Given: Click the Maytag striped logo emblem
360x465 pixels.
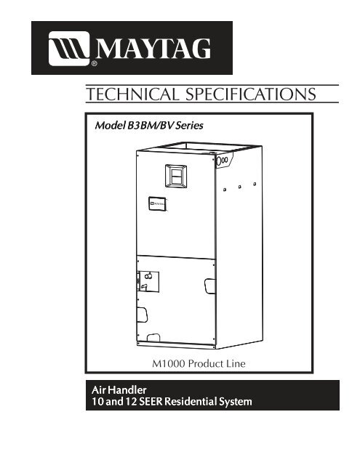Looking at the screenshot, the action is [69, 48].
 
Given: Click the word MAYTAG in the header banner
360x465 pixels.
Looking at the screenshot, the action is [153, 49].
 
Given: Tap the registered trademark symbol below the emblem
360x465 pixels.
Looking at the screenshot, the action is [94, 63].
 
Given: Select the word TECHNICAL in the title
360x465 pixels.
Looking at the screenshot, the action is [133, 94].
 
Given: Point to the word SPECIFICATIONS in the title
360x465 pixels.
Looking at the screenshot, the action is [251, 94].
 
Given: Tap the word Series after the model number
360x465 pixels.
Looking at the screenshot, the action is [189, 126].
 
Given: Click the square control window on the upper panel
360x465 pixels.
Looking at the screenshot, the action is [176, 176].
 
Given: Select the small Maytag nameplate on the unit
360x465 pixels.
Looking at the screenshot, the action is [157, 204].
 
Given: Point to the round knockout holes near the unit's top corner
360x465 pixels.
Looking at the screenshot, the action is [223, 161].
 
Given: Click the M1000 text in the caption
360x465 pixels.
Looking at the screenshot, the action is [169, 363].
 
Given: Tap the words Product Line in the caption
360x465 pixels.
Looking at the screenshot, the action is [217, 363].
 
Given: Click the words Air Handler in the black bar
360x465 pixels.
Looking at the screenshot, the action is [119, 389].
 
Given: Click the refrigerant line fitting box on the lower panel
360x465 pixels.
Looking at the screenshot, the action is [148, 281].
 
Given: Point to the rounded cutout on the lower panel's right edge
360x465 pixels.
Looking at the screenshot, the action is [210, 286].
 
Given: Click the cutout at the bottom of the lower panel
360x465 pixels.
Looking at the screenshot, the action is [153, 338].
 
